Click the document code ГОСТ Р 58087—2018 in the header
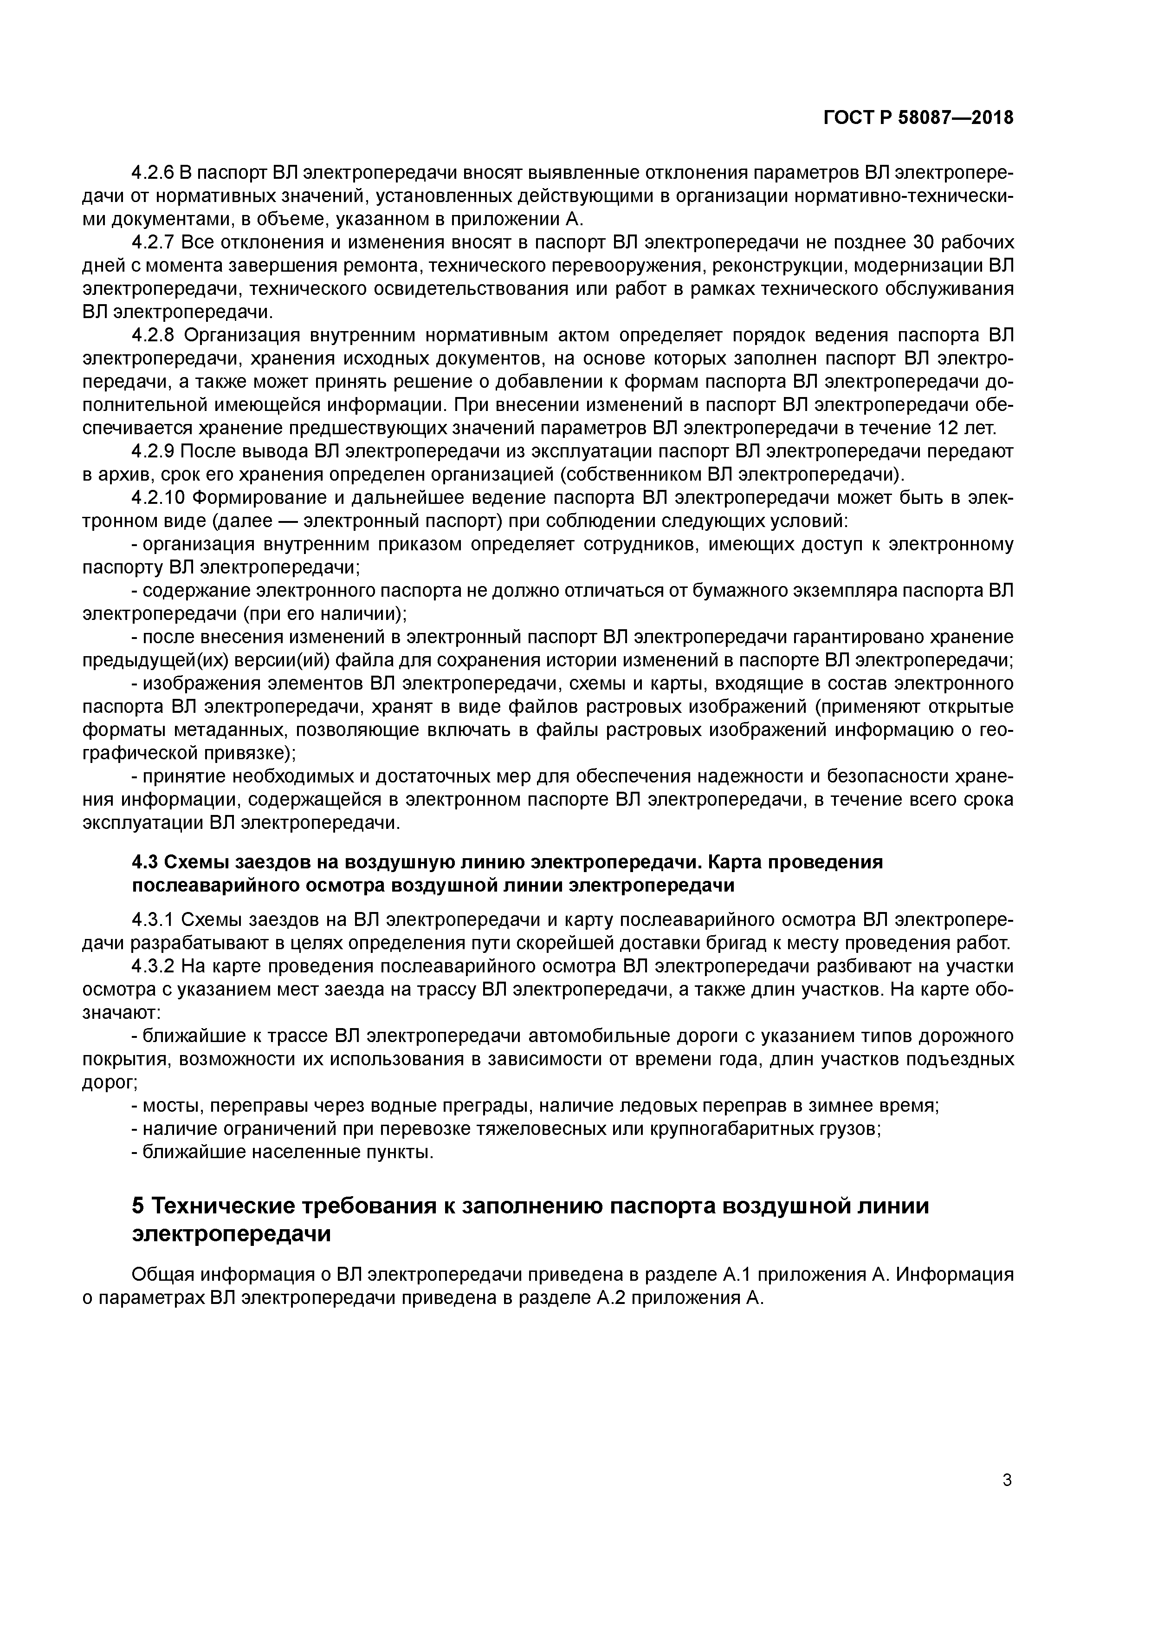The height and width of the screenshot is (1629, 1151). [918, 118]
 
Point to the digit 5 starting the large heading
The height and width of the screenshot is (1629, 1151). [139, 1206]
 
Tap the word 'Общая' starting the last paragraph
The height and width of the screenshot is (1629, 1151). [162, 1275]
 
